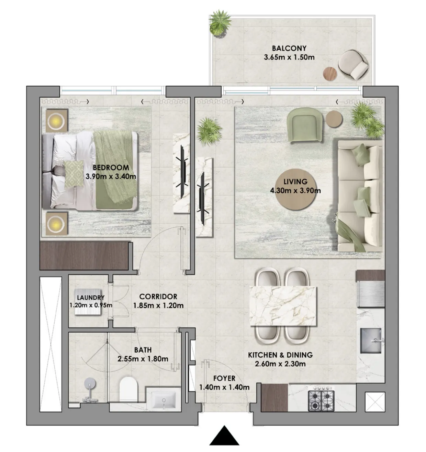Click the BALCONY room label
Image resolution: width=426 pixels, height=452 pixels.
pyautogui.click(x=289, y=49)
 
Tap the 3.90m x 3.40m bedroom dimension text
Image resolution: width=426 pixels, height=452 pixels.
pyautogui.click(x=111, y=177)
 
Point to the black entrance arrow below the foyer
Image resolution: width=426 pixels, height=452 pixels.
pyautogui.click(x=224, y=436)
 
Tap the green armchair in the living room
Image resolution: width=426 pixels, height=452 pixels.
pyautogui.click(x=305, y=125)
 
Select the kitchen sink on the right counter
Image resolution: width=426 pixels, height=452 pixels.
pyautogui.click(x=371, y=341)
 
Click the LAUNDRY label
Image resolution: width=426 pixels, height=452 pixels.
pyautogui.click(x=91, y=298)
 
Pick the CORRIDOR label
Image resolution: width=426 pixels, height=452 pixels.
pyautogui.click(x=158, y=297)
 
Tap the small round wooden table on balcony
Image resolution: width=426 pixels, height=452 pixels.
pyautogui.click(x=330, y=73)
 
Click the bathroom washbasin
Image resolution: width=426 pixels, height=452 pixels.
pyautogui.click(x=164, y=400)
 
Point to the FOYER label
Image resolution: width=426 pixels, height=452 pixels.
pyautogui.click(x=224, y=378)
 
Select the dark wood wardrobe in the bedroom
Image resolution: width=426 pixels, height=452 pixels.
pyautogui.click(x=84, y=256)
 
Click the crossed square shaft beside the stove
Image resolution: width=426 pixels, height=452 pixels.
pyautogui.click(x=374, y=401)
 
